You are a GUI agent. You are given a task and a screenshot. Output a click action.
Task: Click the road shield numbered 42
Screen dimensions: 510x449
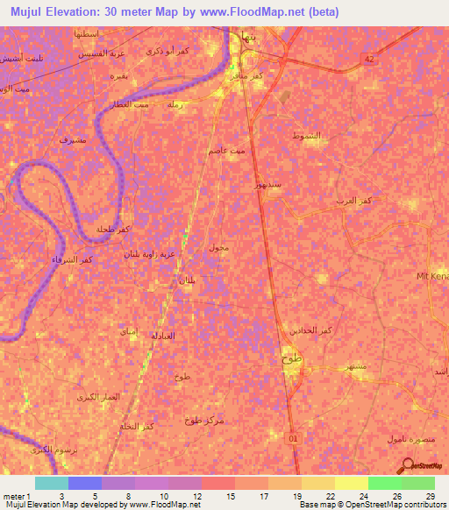[x=369, y=58]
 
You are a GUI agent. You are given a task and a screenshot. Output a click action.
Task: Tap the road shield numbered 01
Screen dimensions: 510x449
[x=294, y=436]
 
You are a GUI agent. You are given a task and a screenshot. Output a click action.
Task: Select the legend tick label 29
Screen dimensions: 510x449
[x=431, y=496]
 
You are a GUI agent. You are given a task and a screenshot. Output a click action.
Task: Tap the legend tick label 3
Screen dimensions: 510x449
[x=61, y=496]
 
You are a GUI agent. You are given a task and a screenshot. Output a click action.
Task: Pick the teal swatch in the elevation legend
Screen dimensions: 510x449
[x=51, y=483]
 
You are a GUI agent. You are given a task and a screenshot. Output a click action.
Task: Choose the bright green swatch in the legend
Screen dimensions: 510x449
[x=384, y=483]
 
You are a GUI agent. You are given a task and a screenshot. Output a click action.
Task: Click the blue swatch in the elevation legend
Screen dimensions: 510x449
[x=84, y=483]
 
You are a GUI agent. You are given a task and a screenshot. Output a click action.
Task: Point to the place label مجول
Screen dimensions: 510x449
[x=218, y=248]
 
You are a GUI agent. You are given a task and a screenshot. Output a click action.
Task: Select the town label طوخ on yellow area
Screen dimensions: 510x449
[x=291, y=359]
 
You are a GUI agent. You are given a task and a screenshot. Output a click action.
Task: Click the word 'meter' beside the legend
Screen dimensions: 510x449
[x=12, y=496]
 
